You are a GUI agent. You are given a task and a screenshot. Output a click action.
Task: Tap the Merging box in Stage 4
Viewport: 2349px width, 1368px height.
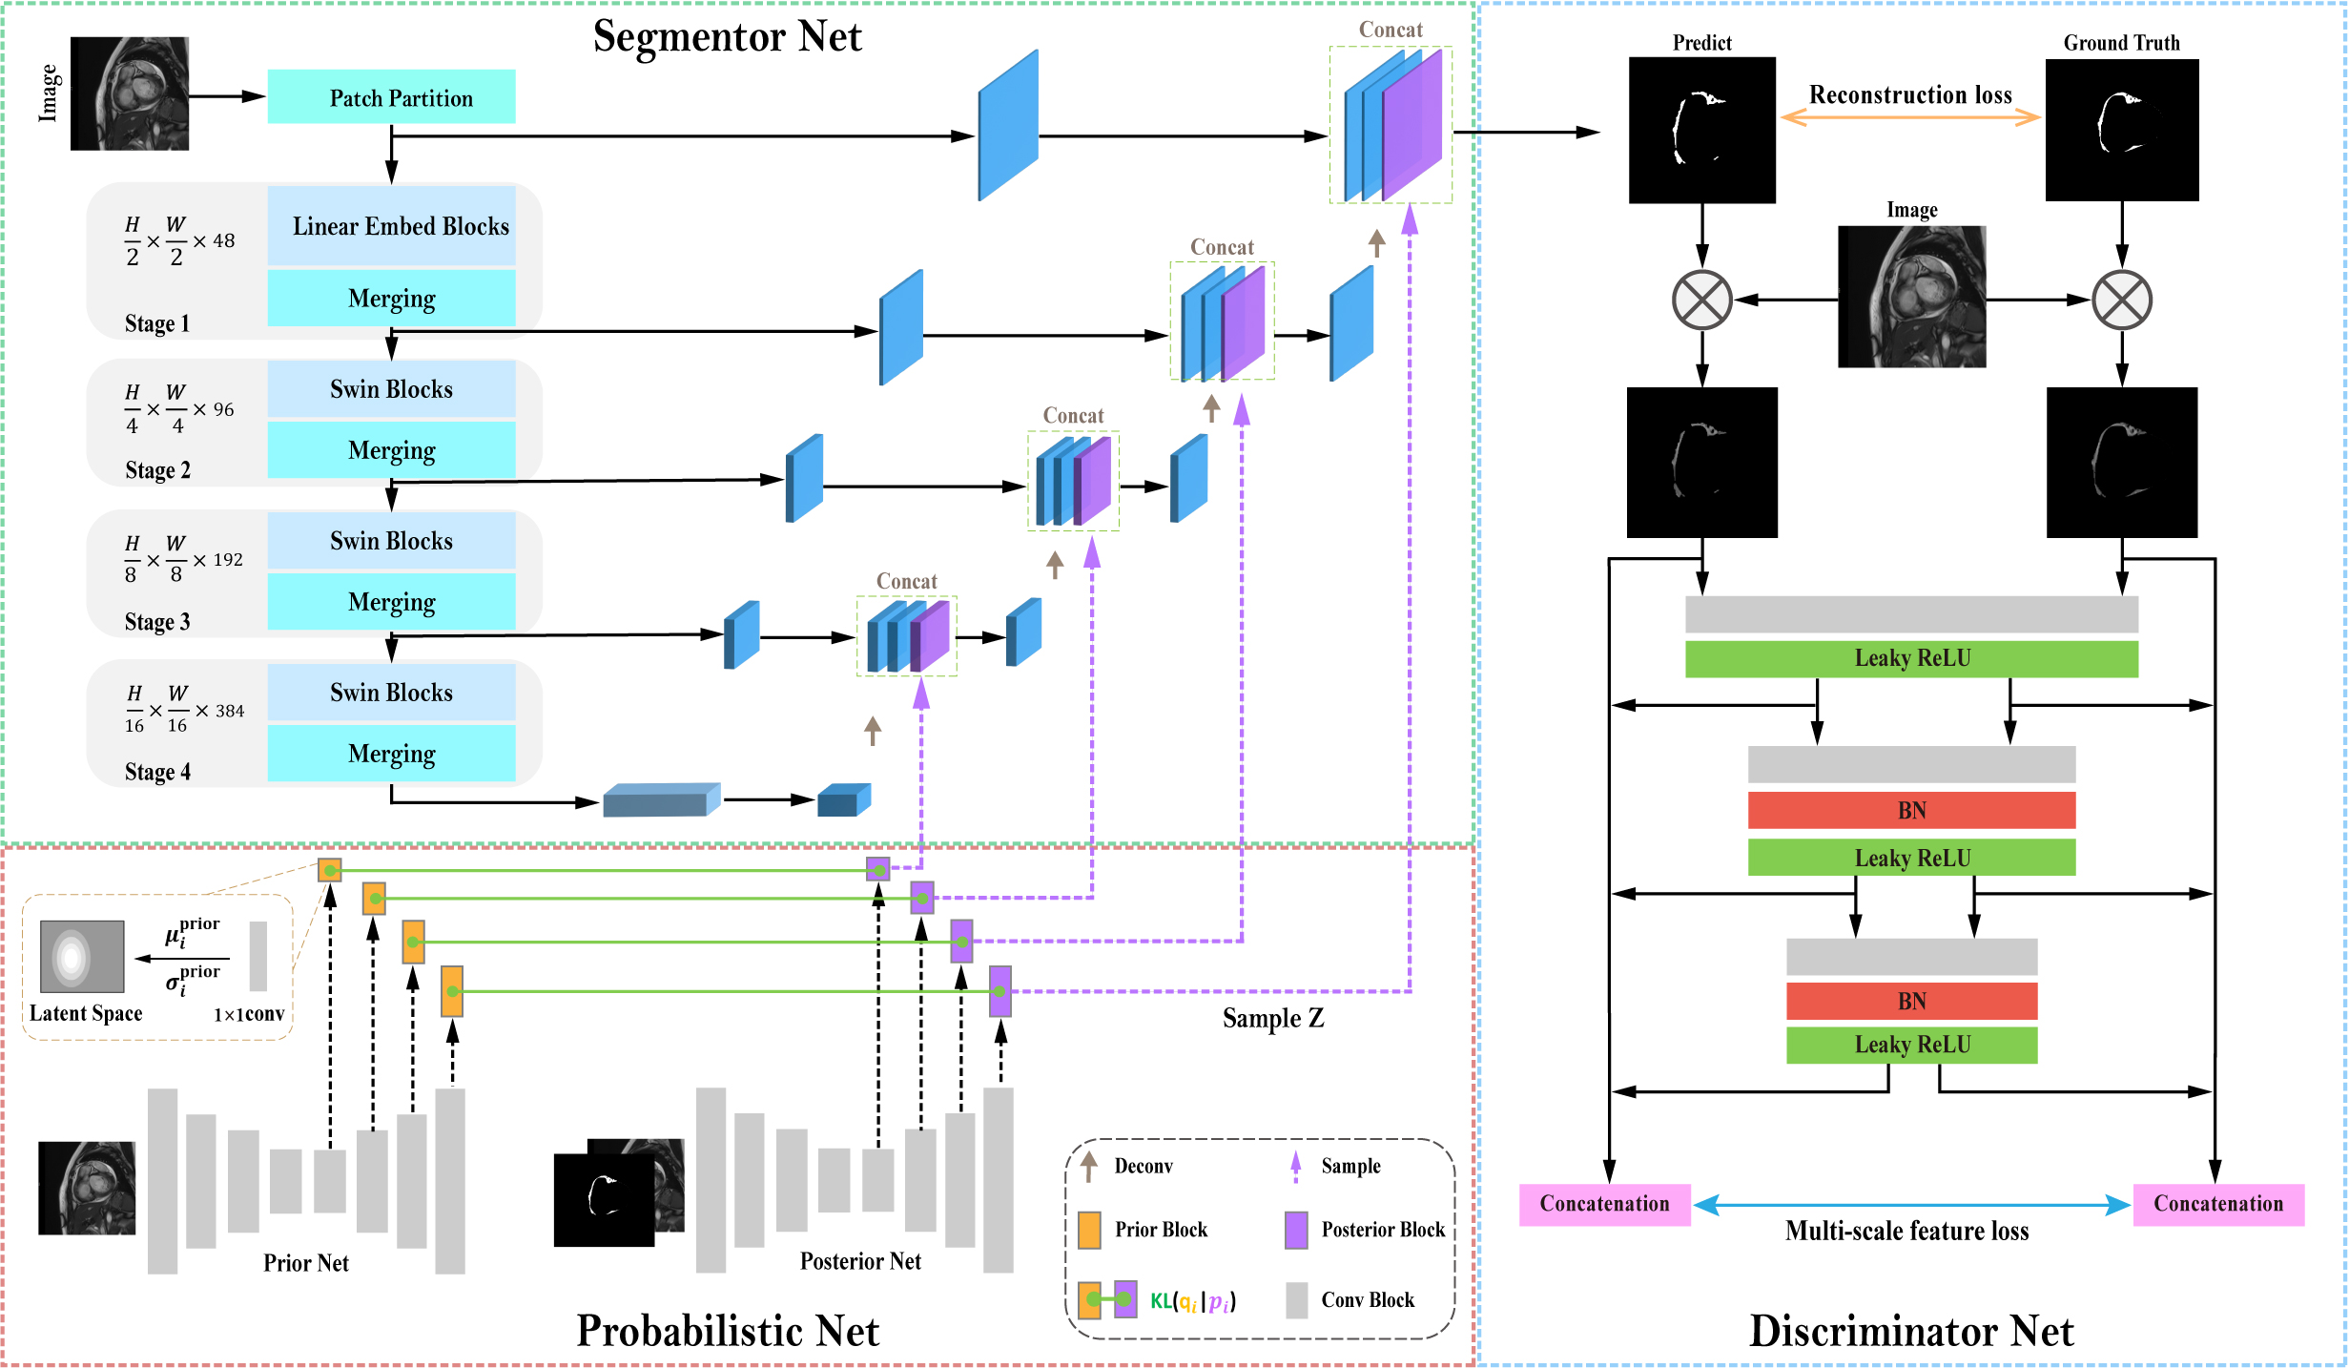(391, 753)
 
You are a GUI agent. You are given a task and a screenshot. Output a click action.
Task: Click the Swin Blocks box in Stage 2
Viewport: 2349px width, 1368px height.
(391, 389)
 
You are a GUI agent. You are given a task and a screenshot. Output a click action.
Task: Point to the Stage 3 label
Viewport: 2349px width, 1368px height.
(157, 622)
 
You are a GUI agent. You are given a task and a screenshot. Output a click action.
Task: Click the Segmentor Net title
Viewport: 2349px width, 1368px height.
(727, 36)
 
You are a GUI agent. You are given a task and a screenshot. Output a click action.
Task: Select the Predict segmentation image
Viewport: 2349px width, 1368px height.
(1701, 130)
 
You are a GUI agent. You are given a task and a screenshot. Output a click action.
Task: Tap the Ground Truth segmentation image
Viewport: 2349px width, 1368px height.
(2121, 130)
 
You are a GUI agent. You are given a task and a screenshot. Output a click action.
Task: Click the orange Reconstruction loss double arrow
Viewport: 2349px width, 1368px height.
(1910, 118)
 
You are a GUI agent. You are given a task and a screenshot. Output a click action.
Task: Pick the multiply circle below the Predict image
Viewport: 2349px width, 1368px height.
(1701, 300)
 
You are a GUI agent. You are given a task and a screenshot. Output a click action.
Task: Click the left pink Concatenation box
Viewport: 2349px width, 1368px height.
(1604, 1204)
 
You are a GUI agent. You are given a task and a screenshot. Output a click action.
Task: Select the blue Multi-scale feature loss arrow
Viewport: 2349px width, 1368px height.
(1911, 1206)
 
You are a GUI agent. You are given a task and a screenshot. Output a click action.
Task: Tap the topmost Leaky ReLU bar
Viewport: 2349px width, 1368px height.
(1911, 658)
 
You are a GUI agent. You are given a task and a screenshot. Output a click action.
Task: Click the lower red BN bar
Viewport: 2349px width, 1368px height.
(1911, 1001)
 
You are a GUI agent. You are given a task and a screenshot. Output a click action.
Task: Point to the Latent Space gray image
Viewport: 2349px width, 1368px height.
(82, 956)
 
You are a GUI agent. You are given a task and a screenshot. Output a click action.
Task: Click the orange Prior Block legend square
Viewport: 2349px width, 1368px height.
(1089, 1231)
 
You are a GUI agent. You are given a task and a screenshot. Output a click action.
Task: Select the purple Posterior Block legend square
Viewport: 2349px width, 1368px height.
(1296, 1231)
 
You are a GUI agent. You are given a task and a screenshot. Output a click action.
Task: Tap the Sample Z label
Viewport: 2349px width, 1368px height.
(1273, 1019)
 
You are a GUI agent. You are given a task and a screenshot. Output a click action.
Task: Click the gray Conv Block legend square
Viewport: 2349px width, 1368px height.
(1296, 1300)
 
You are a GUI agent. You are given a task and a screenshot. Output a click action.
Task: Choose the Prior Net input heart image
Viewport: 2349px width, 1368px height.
(87, 1188)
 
